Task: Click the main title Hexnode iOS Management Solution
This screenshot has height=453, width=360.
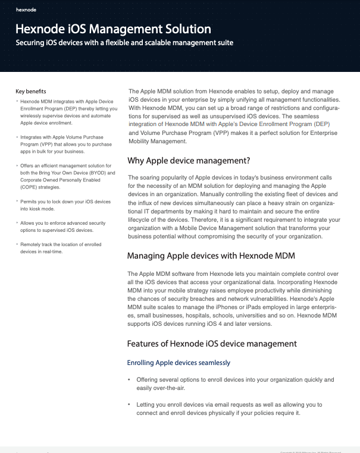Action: point(112,29)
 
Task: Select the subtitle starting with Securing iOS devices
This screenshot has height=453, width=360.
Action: point(124,43)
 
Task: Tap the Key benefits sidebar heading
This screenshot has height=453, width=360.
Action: point(30,92)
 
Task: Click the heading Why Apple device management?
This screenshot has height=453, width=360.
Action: point(189,161)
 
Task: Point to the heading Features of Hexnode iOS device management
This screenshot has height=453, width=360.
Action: point(212,344)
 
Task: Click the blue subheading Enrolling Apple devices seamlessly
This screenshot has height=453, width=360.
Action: point(179,362)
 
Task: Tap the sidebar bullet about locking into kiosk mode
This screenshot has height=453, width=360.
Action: point(65,206)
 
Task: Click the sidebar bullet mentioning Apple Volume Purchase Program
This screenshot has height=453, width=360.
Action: point(65,144)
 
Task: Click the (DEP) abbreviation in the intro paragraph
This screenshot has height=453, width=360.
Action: point(322,124)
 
